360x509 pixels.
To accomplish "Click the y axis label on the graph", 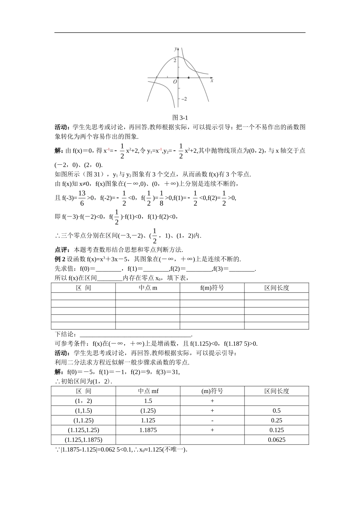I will pos(175,49).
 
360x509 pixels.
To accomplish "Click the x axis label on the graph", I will pos(212,81).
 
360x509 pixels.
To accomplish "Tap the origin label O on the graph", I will pos(175,82).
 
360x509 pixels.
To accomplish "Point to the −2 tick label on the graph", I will pos(183,99).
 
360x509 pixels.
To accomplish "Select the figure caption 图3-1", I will pos(180,117).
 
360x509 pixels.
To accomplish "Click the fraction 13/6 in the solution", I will pos(82,197).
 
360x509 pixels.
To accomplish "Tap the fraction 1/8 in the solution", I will pos(161,197).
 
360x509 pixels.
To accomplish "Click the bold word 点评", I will pos(61,250).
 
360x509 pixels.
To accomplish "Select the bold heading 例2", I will pos(61,259).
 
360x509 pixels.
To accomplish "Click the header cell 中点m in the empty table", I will pos(148,288).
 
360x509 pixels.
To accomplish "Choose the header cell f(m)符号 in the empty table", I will pos(212,288).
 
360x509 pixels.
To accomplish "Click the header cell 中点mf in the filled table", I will pos(148,391).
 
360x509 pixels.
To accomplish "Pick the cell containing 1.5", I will pos(148,401).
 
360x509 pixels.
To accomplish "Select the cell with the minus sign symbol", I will pos(212,420).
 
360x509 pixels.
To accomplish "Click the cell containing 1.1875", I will pos(148,430).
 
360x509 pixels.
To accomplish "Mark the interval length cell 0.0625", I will pos(276,440).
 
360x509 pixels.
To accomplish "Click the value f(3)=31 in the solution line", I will pos(168,372).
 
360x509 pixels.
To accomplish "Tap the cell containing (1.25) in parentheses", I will pos(148,411).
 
